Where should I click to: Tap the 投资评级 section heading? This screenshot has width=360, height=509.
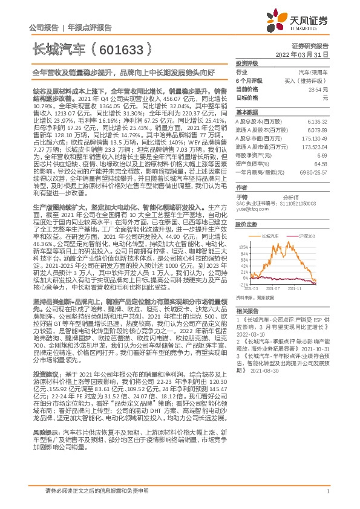[247, 63]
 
